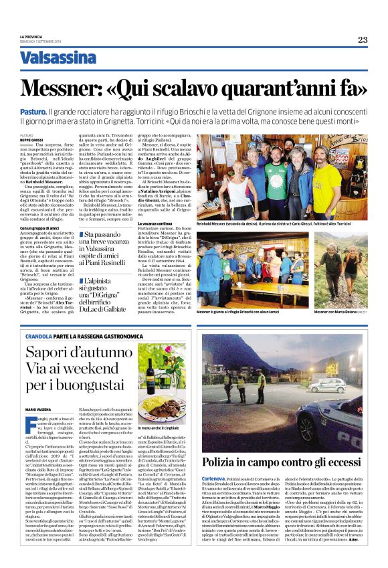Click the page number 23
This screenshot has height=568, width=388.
point(362,39)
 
